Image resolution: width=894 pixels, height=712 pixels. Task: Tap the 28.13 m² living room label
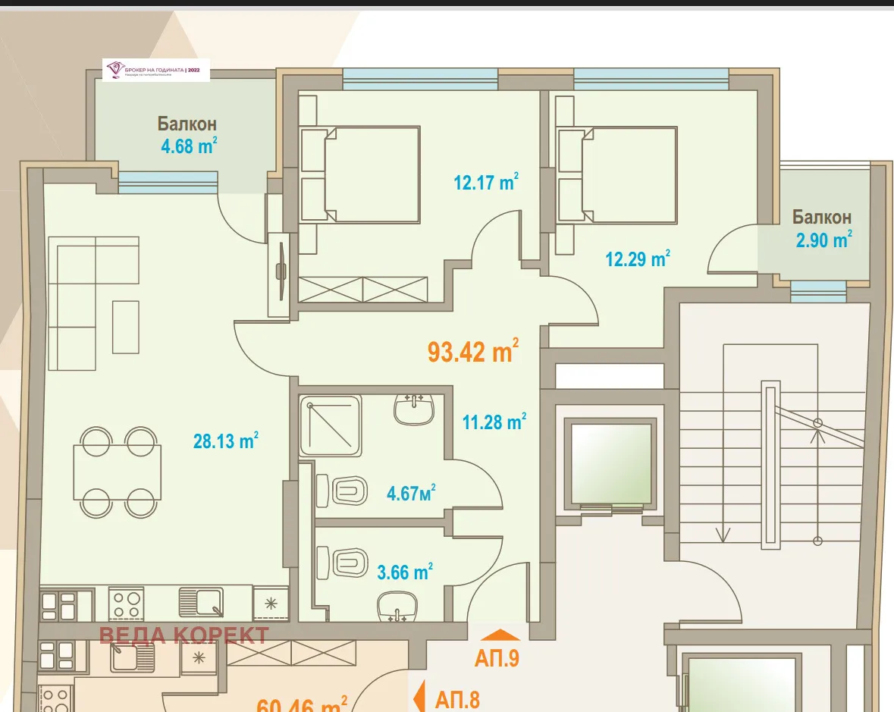coord(226,441)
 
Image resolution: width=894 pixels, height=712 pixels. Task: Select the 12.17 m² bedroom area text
coord(486,183)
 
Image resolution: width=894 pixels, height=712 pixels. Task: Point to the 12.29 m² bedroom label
coord(637,259)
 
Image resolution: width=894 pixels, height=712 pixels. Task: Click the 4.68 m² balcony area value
coord(189,146)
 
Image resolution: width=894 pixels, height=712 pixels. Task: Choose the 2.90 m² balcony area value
coord(823,240)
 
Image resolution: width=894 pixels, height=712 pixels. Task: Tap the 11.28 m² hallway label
coord(494,422)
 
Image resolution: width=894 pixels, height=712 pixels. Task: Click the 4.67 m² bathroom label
coord(411,494)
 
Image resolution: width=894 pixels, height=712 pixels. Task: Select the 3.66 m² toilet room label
coord(405,572)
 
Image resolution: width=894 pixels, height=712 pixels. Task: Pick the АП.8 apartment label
coord(457,698)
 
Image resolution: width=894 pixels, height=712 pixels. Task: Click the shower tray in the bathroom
coord(330,425)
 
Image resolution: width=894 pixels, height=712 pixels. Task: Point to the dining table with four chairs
coord(117,472)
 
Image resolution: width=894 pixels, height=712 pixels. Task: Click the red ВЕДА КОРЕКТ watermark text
coord(184,635)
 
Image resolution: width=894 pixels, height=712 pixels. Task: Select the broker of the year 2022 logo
coord(156,70)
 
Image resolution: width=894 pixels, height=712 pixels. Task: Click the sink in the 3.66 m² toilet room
coord(398,604)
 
